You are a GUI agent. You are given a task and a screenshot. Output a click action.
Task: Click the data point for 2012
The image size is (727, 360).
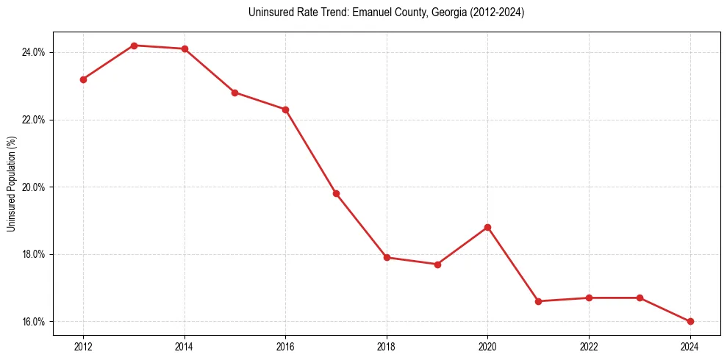tap(83, 79)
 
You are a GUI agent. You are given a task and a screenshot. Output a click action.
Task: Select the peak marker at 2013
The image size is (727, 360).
tap(134, 46)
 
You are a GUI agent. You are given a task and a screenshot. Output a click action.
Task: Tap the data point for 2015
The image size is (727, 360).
tap(234, 93)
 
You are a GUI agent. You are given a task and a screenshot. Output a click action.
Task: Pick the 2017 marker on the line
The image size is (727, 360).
tap(336, 193)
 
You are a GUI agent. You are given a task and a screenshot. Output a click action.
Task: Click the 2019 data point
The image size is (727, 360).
tap(437, 264)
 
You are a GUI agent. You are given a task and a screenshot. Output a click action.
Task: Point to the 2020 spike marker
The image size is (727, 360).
tap(487, 227)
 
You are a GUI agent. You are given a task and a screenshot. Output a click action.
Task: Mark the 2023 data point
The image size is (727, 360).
tap(640, 298)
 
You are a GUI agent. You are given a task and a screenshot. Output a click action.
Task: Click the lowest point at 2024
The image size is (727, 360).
tap(690, 321)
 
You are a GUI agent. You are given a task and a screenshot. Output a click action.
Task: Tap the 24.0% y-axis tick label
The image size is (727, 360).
tap(35, 52)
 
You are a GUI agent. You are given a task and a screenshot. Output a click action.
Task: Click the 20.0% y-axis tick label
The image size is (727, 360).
tap(35, 187)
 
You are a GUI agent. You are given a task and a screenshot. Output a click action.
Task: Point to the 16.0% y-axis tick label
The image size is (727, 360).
tap(35, 322)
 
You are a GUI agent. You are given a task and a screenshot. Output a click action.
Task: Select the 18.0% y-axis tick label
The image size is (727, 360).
tap(35, 254)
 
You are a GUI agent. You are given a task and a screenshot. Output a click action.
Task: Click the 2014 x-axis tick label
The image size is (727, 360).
tap(185, 346)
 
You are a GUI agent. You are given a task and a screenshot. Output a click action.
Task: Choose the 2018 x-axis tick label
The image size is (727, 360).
tap(387, 346)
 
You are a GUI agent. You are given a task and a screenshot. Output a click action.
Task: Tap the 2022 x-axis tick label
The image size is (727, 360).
tap(589, 346)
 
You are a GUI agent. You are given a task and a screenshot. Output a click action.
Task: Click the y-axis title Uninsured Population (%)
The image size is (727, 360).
tap(11, 184)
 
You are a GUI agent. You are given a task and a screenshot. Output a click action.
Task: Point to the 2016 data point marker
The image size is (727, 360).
tap(285, 109)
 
